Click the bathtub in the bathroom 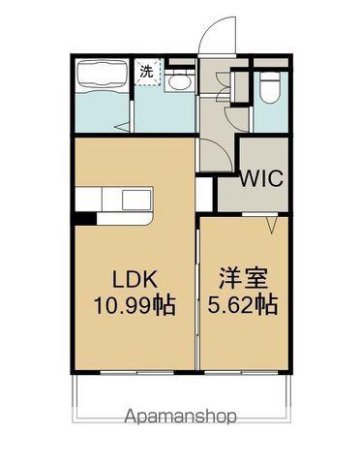point(102,76)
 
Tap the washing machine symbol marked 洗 point(147,72)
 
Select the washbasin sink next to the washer point(178,81)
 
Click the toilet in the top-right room point(270,87)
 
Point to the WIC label point(261,178)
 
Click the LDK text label point(135,280)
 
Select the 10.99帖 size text point(135,305)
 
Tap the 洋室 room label point(244,278)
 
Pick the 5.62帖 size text point(243,305)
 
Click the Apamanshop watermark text point(181,416)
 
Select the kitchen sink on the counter point(136,200)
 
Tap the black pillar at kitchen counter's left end point(85,218)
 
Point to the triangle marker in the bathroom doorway point(123,127)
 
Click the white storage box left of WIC point(204,194)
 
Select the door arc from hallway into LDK point(220,152)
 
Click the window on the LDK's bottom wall point(137,373)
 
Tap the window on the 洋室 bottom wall point(241,373)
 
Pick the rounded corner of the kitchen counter point(149,221)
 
